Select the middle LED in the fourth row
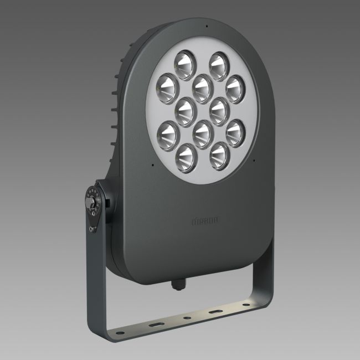202,133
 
